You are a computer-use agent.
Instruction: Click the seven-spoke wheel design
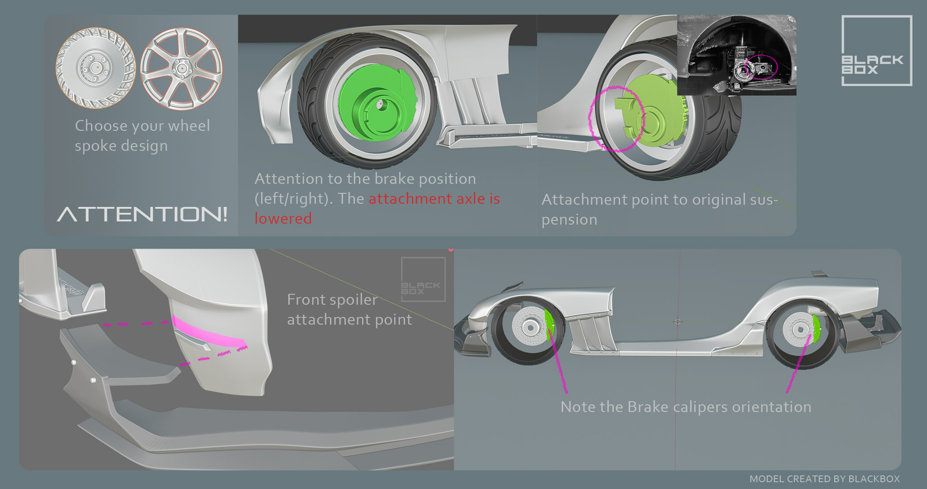181,68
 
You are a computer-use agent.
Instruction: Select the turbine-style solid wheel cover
96,68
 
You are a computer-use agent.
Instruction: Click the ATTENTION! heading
142,214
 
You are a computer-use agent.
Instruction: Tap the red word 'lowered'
283,219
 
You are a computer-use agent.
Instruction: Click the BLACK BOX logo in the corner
876,51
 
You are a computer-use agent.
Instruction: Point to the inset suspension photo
736,54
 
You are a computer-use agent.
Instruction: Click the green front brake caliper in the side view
550,324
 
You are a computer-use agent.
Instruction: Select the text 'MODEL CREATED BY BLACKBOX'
824,479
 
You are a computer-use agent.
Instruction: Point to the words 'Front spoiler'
332,300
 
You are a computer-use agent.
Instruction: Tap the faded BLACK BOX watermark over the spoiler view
423,279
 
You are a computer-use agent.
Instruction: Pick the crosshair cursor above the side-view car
678,322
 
